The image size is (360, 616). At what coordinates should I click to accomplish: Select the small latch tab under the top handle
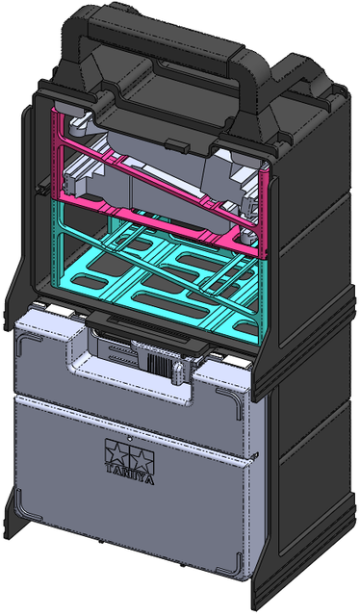[x=175, y=143]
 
